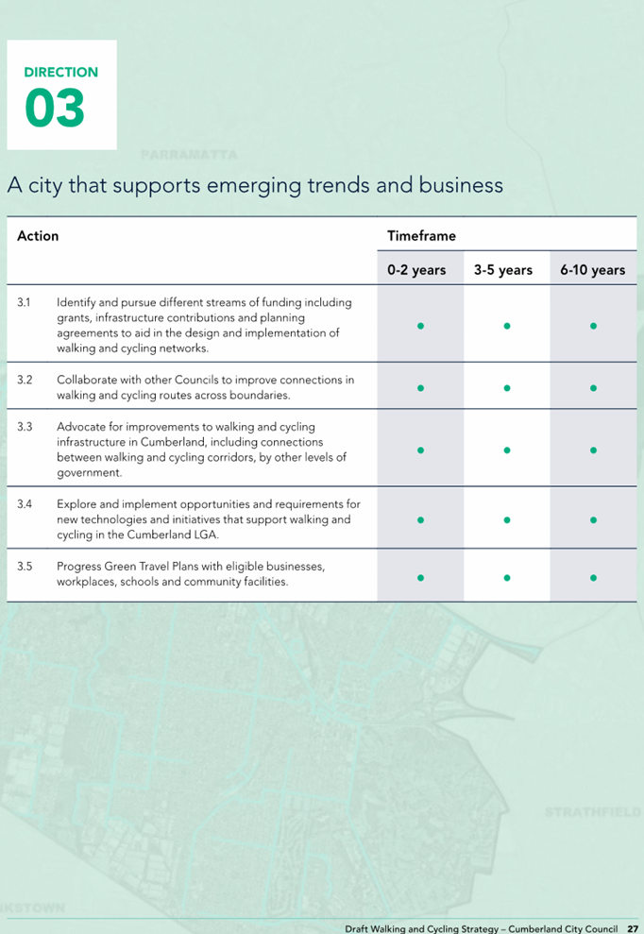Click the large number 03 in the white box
55,108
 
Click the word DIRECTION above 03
61,72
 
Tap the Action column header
38,236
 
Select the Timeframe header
421,236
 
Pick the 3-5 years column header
503,270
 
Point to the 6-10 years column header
593,270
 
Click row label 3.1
24,302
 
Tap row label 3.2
25,380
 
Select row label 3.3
25,427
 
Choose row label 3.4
25,504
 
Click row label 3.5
25,567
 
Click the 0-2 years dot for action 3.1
420,326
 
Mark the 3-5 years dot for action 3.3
507,450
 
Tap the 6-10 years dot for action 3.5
593,578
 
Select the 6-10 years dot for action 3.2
593,388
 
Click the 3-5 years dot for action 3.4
507,520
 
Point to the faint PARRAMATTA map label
189,156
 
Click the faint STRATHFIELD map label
593,812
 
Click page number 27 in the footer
633,928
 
